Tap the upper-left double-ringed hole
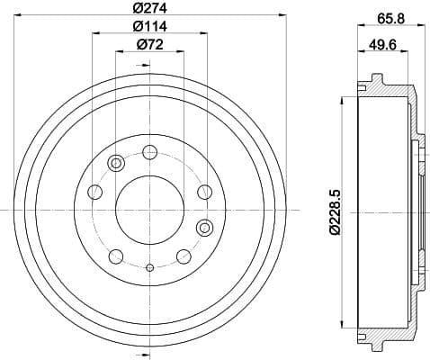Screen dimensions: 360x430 (x=115, y=164)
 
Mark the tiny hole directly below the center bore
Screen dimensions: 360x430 (x=149, y=267)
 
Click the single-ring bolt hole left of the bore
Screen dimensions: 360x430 (x=94, y=191)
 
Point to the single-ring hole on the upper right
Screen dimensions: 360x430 (x=203, y=191)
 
